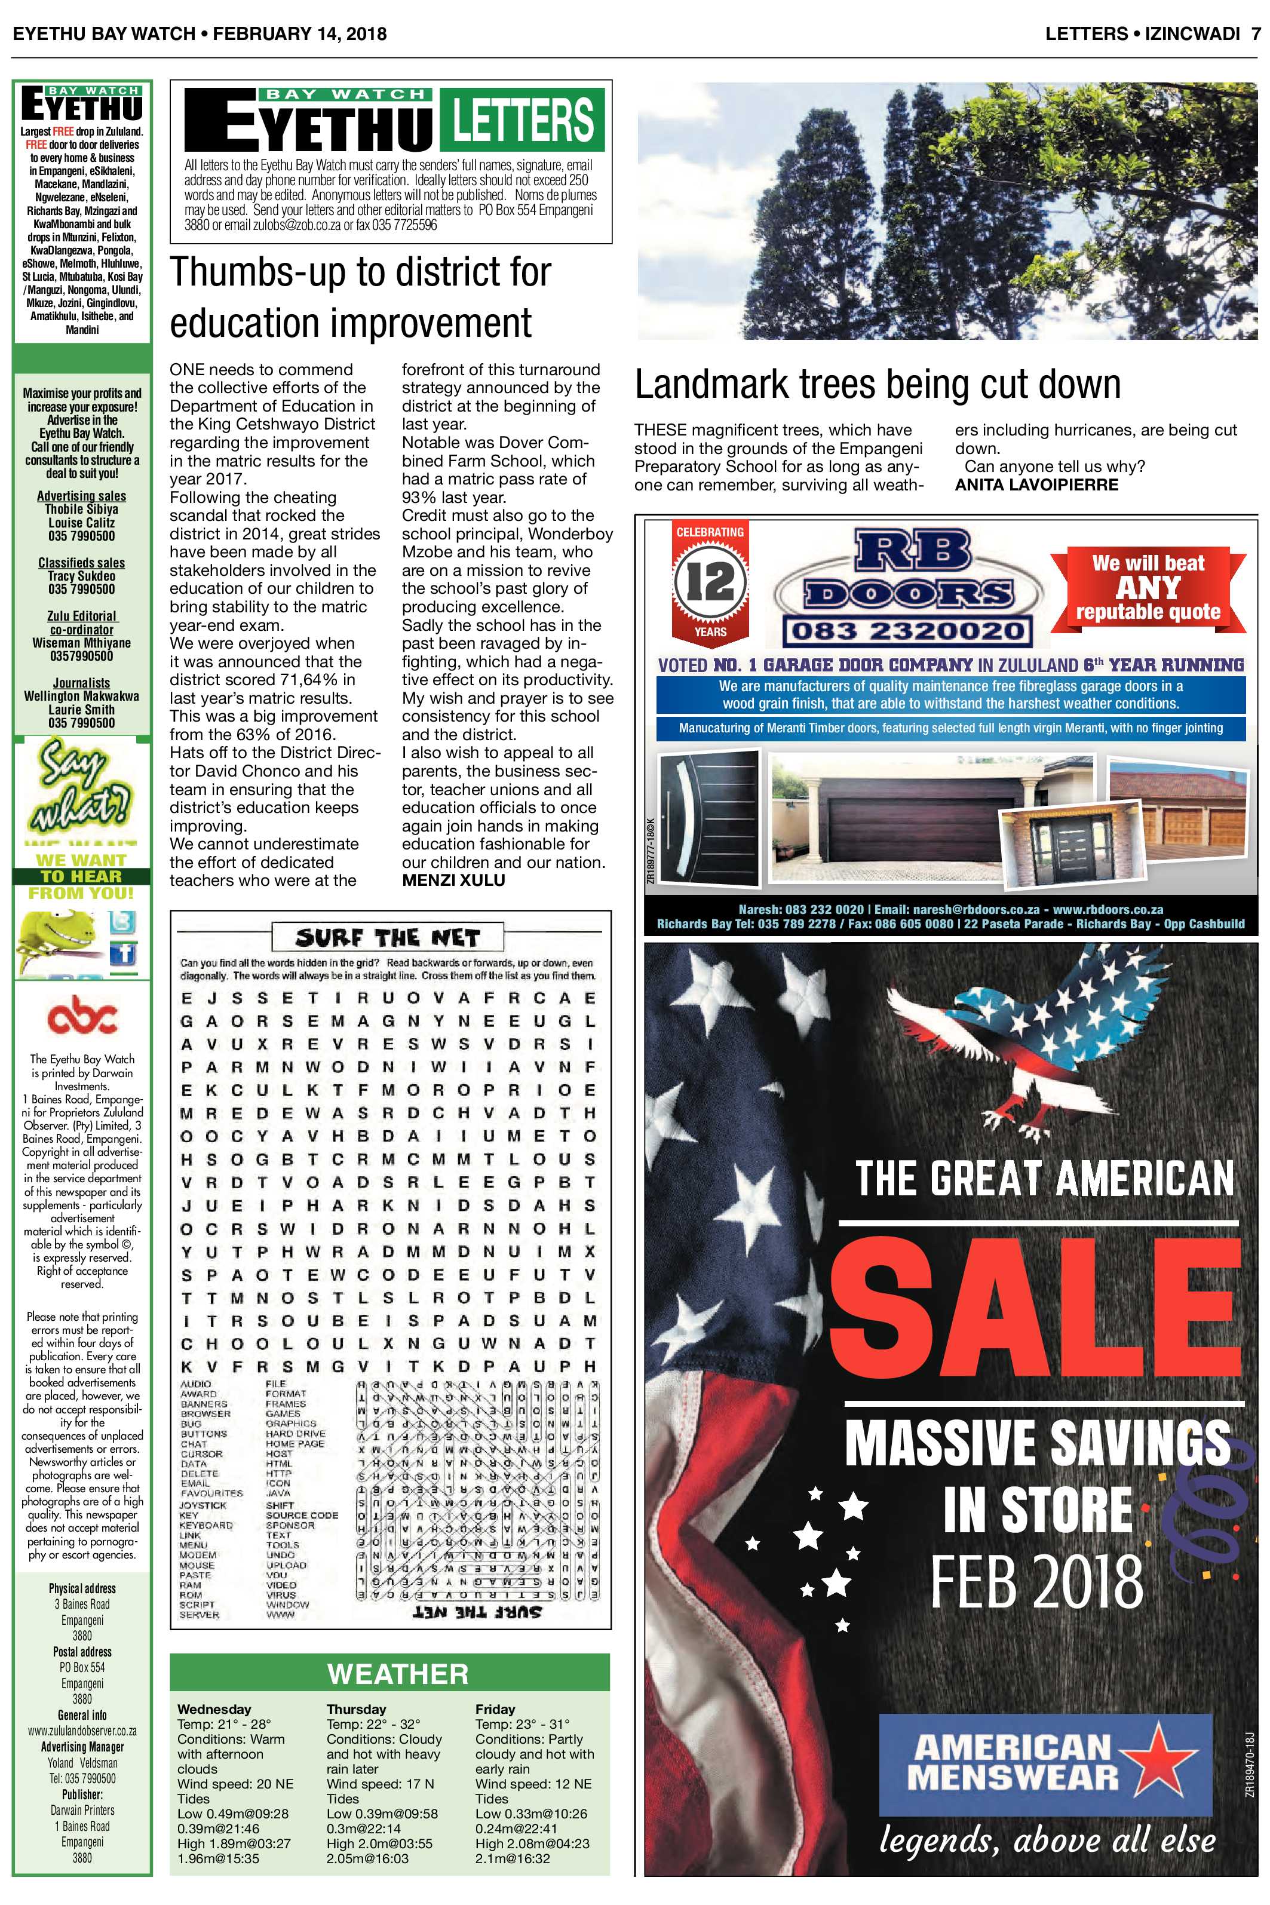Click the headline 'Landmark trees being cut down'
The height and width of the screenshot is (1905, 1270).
tap(877, 384)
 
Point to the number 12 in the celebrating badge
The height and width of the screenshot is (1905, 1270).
tap(710, 581)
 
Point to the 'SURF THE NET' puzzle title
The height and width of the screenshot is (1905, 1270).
tap(388, 938)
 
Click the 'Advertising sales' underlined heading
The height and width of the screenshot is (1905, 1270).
tap(82, 496)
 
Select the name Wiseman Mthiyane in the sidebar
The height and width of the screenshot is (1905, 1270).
tap(82, 642)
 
